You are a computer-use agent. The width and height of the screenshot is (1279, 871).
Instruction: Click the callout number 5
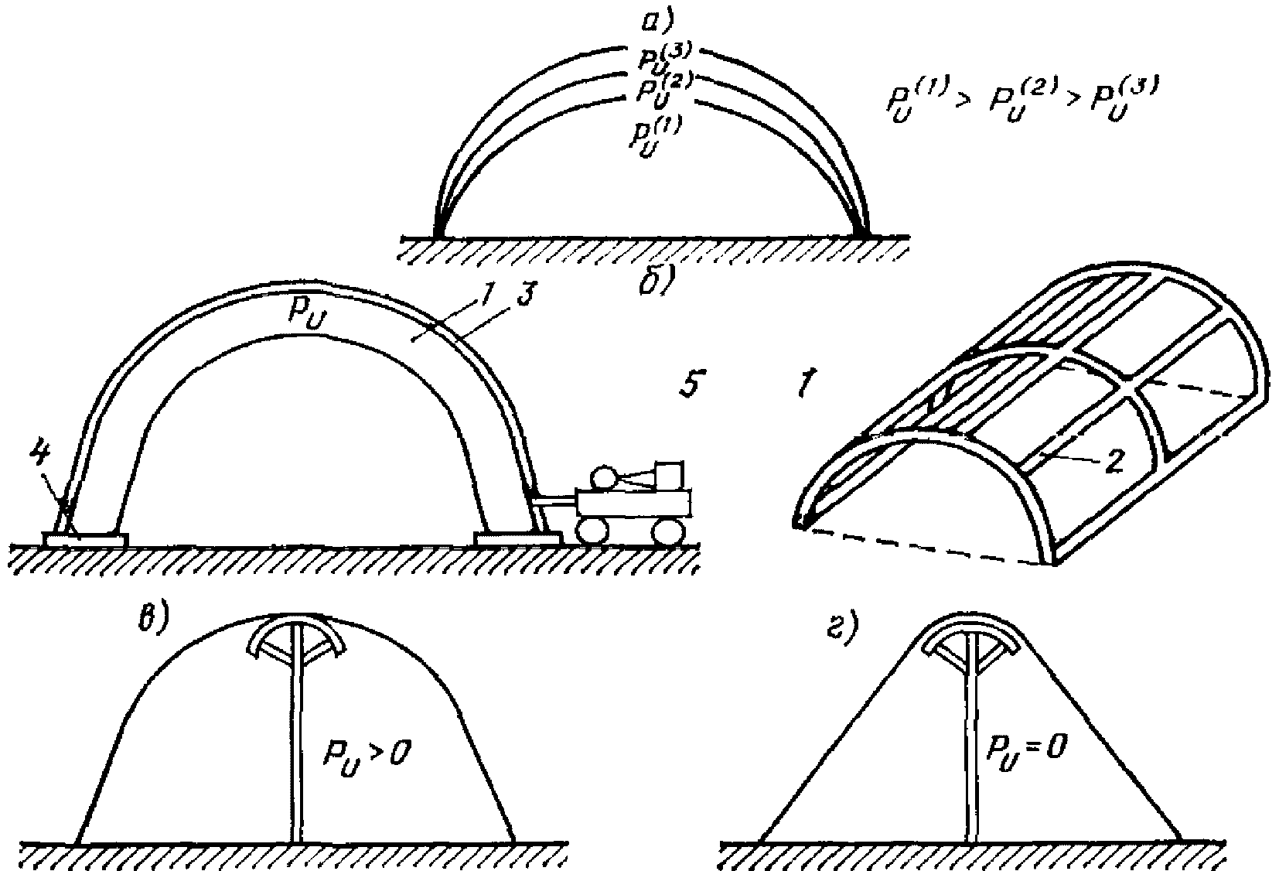click(x=691, y=384)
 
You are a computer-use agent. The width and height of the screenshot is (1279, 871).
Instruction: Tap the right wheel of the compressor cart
click(x=667, y=531)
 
